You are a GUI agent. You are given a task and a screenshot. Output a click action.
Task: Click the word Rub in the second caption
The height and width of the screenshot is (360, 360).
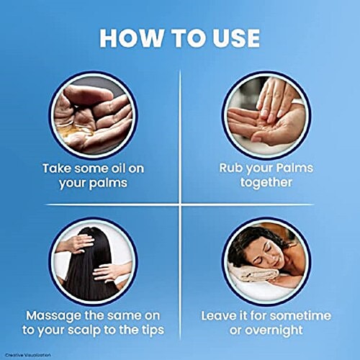[x=230, y=168]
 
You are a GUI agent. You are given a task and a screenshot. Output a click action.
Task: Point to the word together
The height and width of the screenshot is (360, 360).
[x=266, y=183]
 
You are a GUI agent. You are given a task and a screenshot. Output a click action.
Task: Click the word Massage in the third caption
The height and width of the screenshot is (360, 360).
[x=54, y=316]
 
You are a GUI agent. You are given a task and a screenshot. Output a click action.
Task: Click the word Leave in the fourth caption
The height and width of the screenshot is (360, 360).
[x=217, y=315]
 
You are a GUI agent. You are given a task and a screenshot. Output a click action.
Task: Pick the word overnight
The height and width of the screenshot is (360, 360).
[x=274, y=330]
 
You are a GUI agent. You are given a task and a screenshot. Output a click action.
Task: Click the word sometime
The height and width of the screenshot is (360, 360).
[x=301, y=315]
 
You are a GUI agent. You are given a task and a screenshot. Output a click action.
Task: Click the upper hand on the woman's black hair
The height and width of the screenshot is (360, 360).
[x=76, y=243]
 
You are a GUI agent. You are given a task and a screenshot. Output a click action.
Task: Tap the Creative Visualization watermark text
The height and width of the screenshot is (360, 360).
[x=28, y=355]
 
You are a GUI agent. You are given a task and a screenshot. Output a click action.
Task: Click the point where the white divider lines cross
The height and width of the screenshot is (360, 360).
[x=180, y=204]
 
